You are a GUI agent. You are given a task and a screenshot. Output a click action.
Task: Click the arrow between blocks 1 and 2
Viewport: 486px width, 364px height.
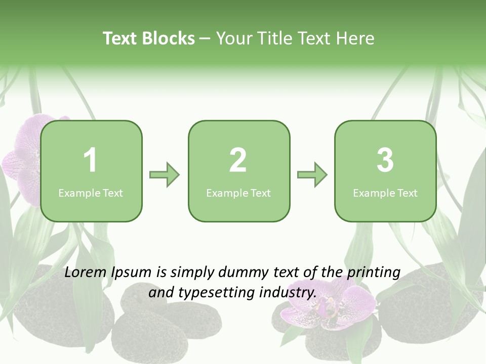click(x=165, y=175)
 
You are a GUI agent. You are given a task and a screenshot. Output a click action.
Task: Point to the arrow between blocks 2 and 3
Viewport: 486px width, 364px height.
click(x=312, y=175)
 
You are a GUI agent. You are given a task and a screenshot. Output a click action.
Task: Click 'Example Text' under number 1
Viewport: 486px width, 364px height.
click(x=91, y=193)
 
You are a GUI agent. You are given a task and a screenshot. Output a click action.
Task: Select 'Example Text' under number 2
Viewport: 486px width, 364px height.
click(x=238, y=193)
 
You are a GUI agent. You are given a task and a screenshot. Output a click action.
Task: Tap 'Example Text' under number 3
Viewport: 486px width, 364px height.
click(x=385, y=193)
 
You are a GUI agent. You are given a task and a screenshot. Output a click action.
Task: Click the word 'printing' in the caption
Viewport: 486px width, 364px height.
click(x=374, y=273)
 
